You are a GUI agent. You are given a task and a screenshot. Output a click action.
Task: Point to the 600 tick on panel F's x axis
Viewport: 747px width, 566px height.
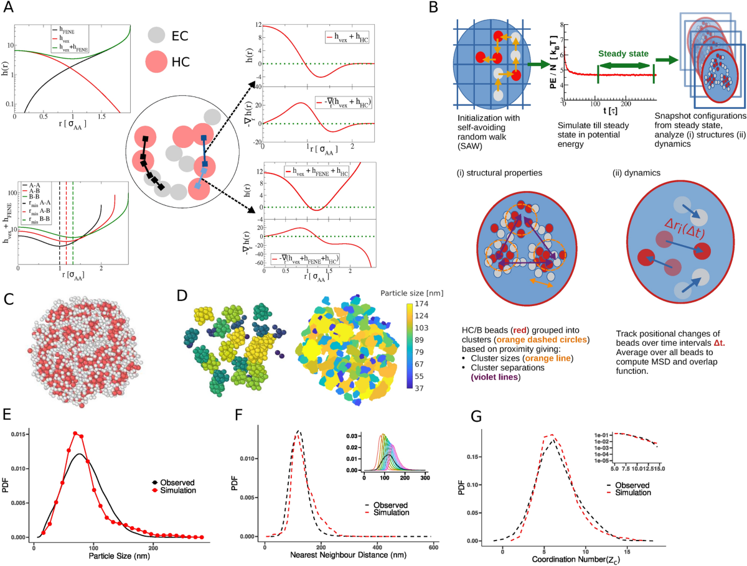click(433, 547)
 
